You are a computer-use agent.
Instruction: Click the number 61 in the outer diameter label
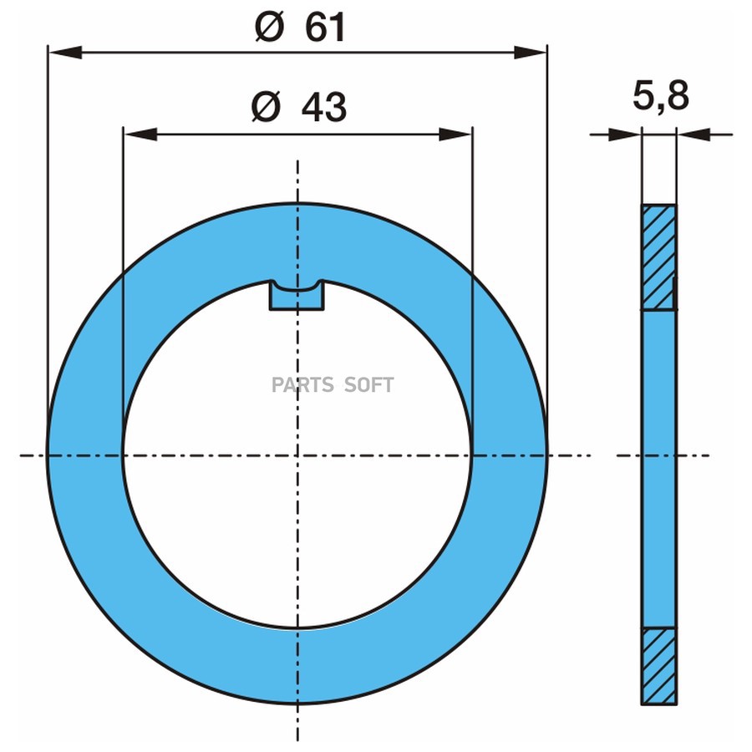point(325,28)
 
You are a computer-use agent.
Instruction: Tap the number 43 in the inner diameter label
point(323,108)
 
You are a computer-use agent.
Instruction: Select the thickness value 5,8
point(661,96)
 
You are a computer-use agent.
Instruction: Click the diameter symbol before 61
point(270,28)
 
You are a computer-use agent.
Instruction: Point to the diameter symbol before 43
point(266,107)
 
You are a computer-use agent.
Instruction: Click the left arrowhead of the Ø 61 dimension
point(65,53)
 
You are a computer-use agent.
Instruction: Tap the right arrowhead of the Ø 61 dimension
point(530,53)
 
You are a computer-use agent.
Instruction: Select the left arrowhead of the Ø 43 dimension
point(140,135)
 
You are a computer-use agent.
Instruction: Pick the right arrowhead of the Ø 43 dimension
point(455,135)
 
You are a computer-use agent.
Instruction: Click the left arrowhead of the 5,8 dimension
point(624,135)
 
